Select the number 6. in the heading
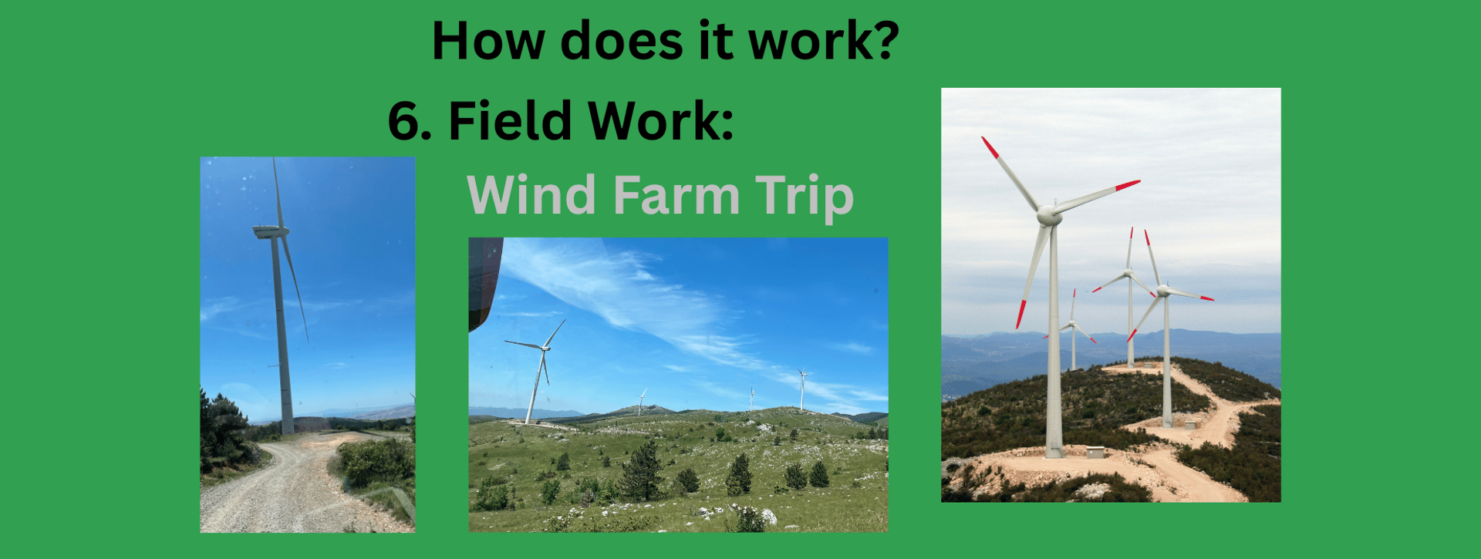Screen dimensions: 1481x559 (x=413, y=121)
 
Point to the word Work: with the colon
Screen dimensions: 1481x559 (x=660, y=121)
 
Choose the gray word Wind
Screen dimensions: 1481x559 (x=531, y=194)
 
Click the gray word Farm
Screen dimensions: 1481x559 (x=676, y=194)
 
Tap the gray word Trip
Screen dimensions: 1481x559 (x=805, y=197)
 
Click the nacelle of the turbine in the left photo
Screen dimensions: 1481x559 (x=271, y=231)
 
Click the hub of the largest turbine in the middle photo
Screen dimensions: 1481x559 (x=545, y=349)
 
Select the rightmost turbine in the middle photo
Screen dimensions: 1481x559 (x=802, y=389)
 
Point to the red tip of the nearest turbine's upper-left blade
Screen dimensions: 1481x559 (x=990, y=147)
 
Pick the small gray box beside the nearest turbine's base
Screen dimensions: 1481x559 (x=1095, y=452)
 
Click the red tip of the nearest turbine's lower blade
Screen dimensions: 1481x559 (x=1021, y=314)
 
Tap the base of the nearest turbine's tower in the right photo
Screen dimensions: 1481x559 (x=1054, y=452)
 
